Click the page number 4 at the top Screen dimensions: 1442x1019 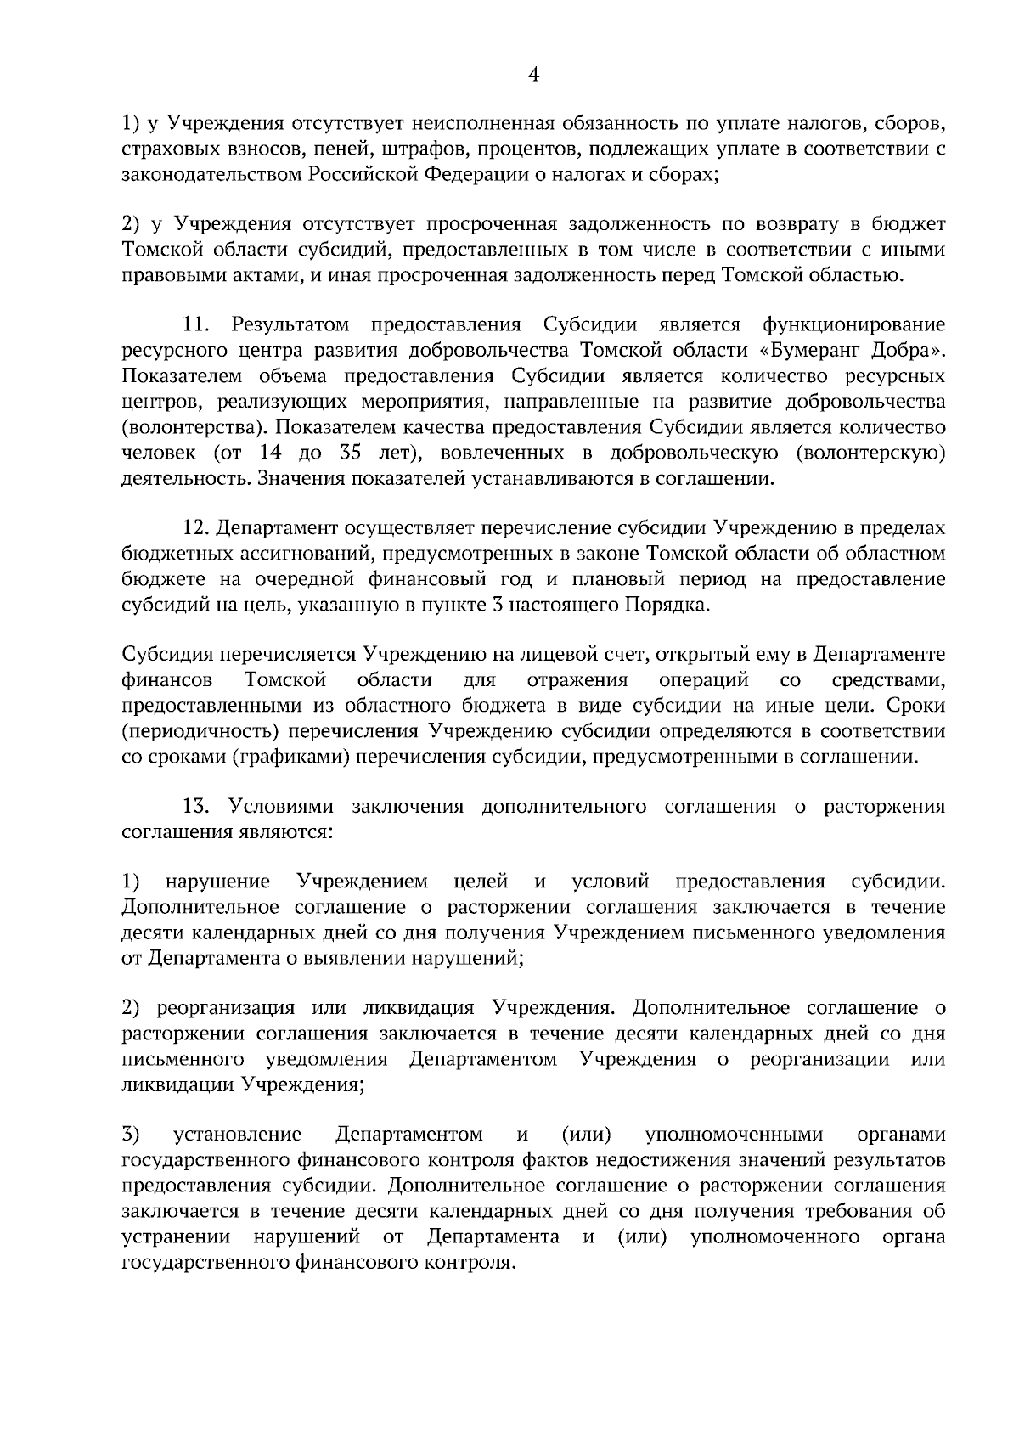533,75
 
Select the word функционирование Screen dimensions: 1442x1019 853,324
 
